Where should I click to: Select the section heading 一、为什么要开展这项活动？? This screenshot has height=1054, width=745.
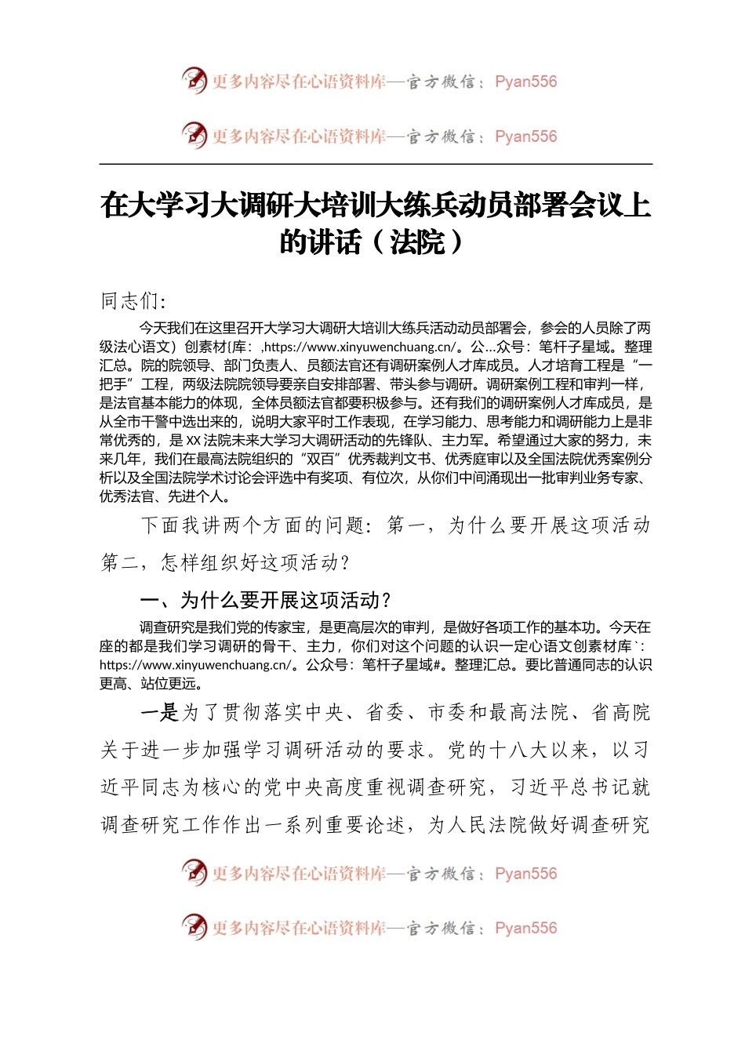(x=265, y=601)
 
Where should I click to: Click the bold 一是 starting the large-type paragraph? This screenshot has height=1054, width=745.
(x=160, y=713)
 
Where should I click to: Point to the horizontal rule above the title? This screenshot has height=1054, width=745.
(x=376, y=164)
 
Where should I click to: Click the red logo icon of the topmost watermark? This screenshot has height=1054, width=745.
(x=194, y=80)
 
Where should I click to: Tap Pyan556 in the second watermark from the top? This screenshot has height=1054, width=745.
(x=525, y=136)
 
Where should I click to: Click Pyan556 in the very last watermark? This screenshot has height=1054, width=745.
(x=525, y=928)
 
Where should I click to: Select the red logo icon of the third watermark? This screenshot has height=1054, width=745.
(x=194, y=872)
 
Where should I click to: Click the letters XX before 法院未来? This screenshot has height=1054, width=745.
(x=194, y=440)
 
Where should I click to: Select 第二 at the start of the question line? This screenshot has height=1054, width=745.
(x=121, y=562)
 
